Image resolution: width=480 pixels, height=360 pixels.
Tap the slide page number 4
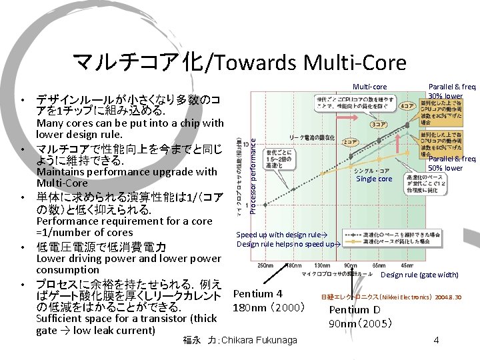435,340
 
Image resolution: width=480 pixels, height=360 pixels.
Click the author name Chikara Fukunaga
240,340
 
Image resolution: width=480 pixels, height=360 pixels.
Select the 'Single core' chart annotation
374,179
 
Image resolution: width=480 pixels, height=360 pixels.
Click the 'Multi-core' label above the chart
369,87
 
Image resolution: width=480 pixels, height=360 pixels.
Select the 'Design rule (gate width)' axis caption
419,275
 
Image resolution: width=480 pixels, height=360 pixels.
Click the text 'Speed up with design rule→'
282,234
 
